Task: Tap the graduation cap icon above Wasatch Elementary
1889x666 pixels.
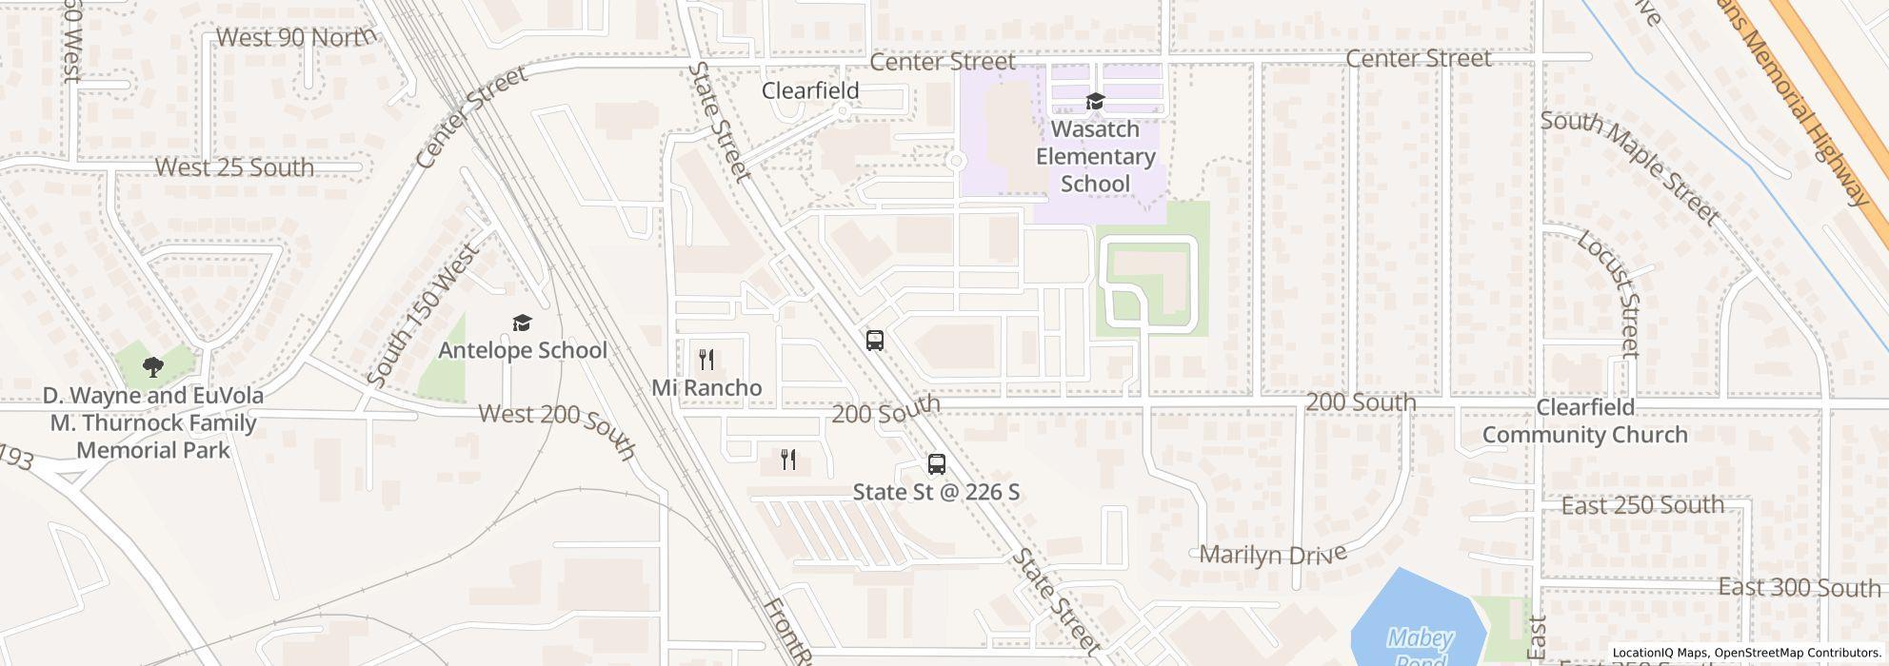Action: pyautogui.click(x=1095, y=102)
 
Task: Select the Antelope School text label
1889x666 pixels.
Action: pyautogui.click(x=522, y=350)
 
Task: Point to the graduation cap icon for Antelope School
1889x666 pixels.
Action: pyautogui.click(x=522, y=323)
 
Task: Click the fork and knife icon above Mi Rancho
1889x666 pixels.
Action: pyautogui.click(x=706, y=360)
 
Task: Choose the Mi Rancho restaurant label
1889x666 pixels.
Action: pyautogui.click(x=706, y=387)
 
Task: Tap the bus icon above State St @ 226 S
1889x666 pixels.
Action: pyautogui.click(x=936, y=464)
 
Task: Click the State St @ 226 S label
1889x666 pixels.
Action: pyautogui.click(x=936, y=492)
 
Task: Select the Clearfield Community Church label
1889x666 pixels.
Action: pyautogui.click(x=1585, y=421)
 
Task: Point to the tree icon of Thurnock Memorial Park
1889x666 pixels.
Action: pyautogui.click(x=152, y=366)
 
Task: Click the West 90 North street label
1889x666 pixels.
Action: pyautogui.click(x=295, y=38)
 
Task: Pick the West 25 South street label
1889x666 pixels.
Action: pyautogui.click(x=234, y=167)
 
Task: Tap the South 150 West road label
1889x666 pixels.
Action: pyautogui.click(x=423, y=316)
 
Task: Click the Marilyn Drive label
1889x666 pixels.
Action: pyautogui.click(x=1273, y=554)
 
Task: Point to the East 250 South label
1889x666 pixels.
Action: pyautogui.click(x=1642, y=505)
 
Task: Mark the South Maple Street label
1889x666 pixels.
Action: pyautogui.click(x=1629, y=167)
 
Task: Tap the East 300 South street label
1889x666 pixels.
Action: pyautogui.click(x=1800, y=588)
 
